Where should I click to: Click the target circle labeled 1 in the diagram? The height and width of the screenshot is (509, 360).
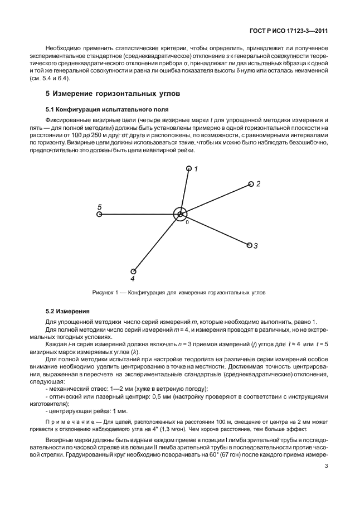(189, 168)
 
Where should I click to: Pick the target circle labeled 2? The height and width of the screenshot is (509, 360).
(251, 184)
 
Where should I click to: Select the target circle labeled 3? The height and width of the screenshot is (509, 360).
(248, 244)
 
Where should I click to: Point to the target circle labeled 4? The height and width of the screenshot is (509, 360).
(133, 271)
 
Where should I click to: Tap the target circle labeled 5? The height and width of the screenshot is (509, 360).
(99, 214)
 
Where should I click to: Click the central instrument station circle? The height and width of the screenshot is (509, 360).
(180, 214)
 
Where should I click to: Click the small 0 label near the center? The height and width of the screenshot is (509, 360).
(187, 222)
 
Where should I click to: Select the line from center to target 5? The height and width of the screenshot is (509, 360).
(139, 214)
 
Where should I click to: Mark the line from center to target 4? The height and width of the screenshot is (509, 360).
(157, 242)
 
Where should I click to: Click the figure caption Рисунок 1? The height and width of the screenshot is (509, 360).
(179, 292)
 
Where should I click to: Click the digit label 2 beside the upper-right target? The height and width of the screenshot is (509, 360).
(259, 183)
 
